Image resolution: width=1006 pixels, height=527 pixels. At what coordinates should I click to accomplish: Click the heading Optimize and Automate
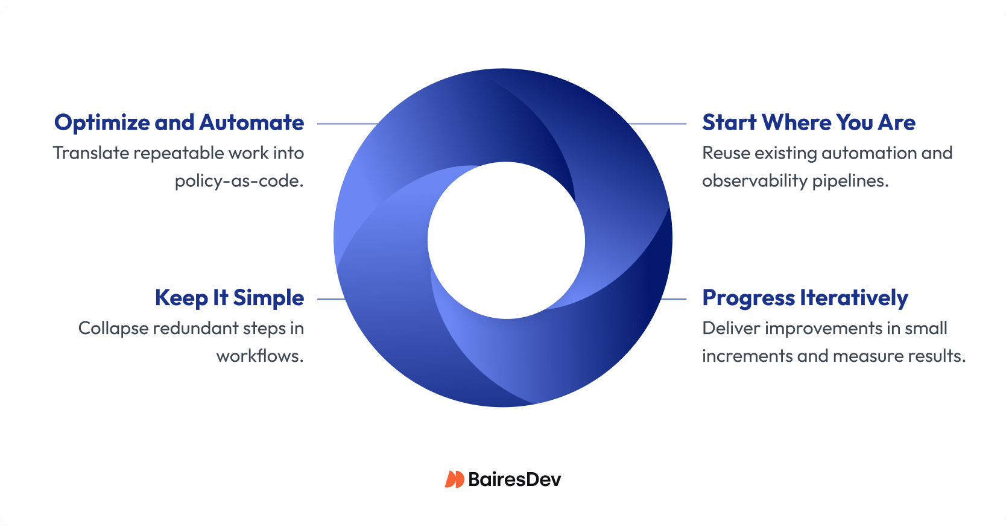tap(179, 122)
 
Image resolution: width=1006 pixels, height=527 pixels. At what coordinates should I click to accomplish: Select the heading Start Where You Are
tap(808, 122)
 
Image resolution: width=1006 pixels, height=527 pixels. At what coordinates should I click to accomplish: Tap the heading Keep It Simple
tap(229, 298)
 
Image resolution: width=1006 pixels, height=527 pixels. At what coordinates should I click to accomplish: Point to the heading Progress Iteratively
tap(805, 298)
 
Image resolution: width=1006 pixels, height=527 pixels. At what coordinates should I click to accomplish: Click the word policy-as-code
tap(239, 181)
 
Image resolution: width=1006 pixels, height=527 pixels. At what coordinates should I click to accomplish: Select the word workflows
tap(259, 356)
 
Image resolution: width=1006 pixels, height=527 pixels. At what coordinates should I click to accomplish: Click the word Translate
tap(90, 153)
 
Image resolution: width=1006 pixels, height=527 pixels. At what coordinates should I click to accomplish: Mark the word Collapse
tap(113, 329)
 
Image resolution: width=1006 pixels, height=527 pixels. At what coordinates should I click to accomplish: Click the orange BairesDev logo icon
tap(454, 479)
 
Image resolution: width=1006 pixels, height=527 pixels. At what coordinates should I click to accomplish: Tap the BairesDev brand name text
tap(514, 479)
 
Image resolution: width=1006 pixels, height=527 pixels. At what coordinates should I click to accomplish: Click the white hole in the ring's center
tap(506, 240)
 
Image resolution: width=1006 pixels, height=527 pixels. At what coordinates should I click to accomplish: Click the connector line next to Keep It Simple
tap(331, 298)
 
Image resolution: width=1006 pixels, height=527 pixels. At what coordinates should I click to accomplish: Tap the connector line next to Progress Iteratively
tap(674, 298)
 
